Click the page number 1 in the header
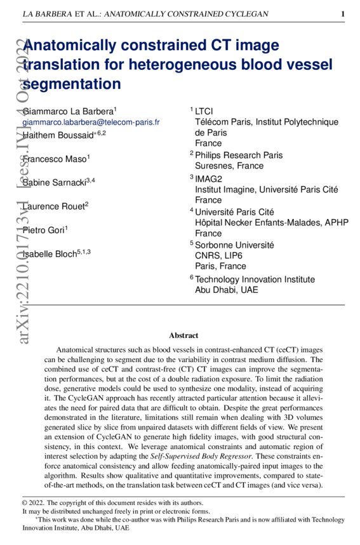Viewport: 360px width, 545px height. click(343, 14)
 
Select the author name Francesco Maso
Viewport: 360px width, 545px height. click(54, 159)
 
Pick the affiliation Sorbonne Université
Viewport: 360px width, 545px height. click(234, 245)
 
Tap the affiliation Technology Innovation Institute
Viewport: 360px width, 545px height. click(255, 279)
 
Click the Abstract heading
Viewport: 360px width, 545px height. click(183, 335)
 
